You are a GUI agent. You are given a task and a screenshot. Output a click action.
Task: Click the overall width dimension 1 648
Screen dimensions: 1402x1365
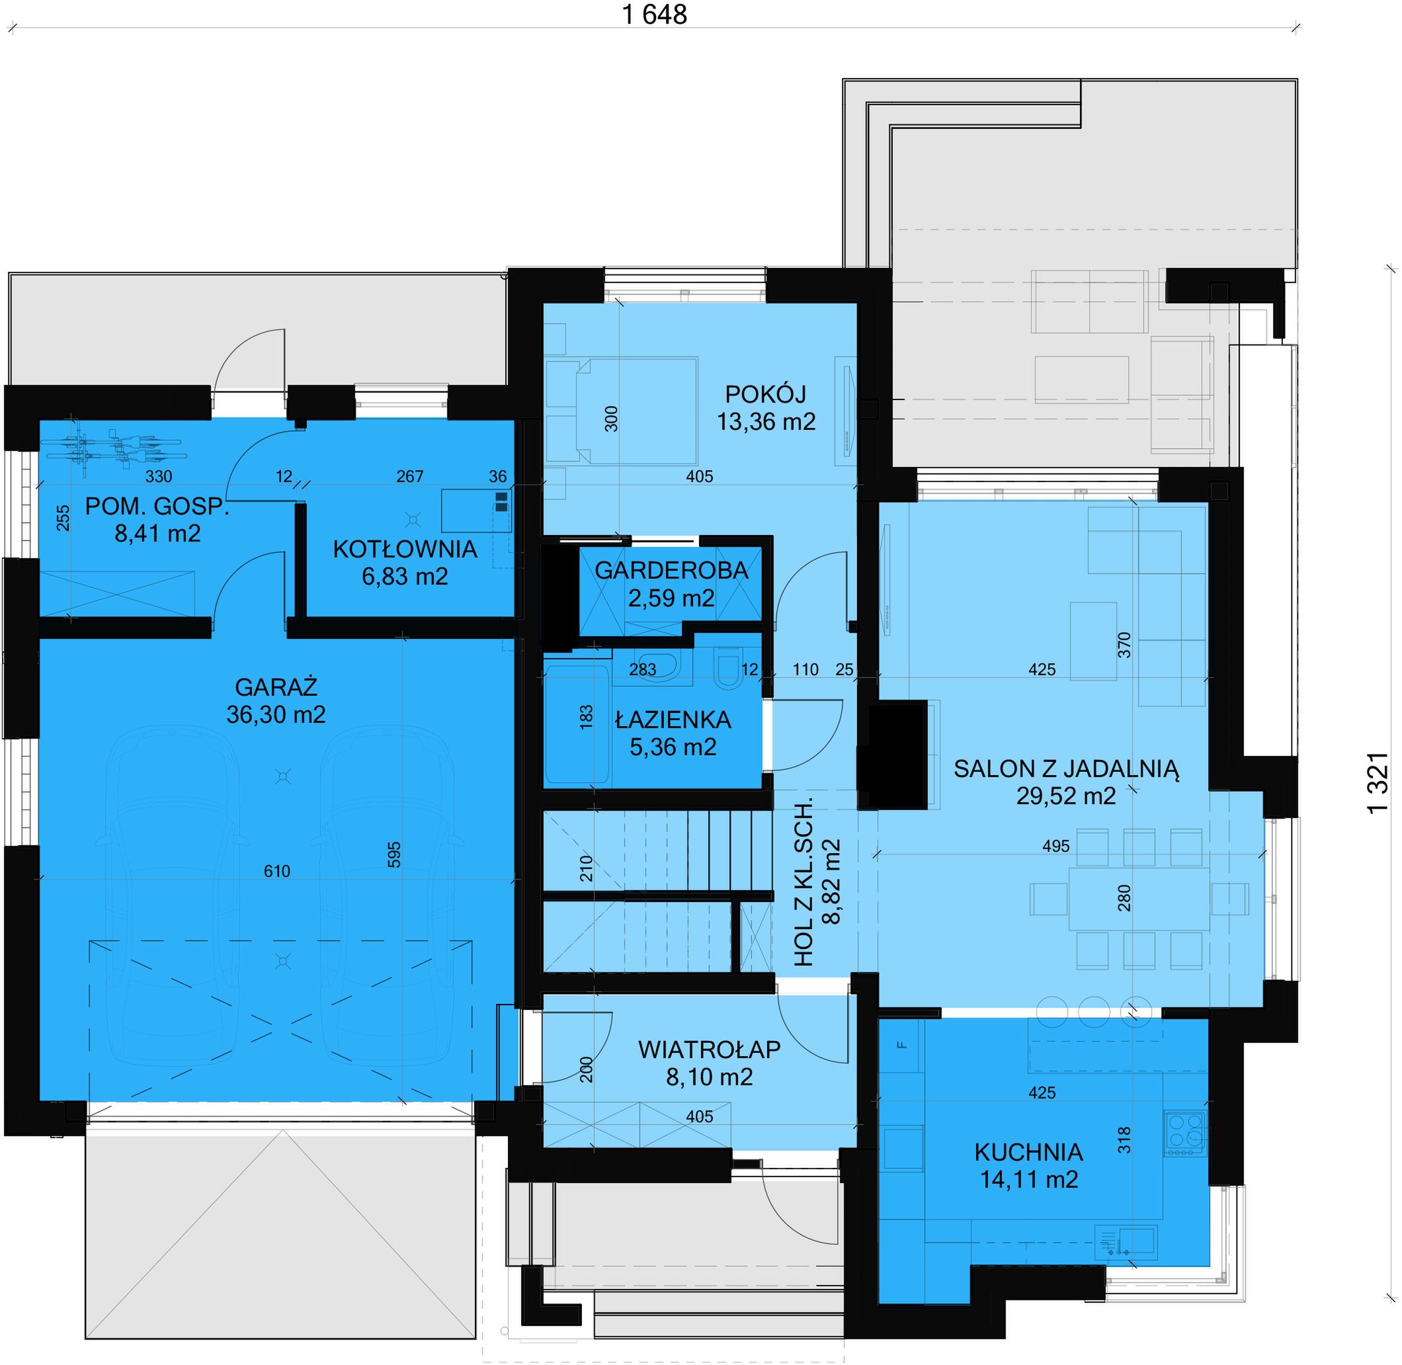(x=655, y=15)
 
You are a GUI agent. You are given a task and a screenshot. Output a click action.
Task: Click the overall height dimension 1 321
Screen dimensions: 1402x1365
(x=1378, y=784)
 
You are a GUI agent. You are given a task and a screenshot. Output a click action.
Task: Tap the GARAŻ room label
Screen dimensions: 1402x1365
(x=276, y=688)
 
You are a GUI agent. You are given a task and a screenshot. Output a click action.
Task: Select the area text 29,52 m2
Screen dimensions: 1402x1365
(x=1066, y=796)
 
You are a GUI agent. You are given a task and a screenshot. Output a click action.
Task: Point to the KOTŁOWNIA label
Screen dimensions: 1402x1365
(x=405, y=549)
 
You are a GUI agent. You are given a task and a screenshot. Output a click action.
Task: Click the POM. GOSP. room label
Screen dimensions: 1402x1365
(x=157, y=506)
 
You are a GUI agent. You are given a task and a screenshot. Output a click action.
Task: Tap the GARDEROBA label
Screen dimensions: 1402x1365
(x=672, y=571)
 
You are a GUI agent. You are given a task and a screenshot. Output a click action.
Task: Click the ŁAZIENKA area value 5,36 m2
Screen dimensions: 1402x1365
(x=673, y=747)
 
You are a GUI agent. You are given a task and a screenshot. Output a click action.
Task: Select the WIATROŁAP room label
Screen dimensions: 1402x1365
(x=709, y=1050)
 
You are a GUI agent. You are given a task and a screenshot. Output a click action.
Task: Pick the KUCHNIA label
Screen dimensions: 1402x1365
(x=1028, y=1152)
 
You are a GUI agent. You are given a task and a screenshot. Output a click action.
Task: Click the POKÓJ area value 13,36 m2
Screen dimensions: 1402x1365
(x=766, y=421)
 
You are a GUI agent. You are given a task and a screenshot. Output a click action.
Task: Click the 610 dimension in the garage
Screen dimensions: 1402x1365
(x=276, y=871)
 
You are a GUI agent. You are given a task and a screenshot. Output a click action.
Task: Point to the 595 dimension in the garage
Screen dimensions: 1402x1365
(x=393, y=854)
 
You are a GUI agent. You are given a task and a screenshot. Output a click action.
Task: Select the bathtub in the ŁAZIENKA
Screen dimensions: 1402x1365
(x=577, y=724)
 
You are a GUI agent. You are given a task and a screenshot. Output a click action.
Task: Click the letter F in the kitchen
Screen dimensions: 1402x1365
(x=903, y=1044)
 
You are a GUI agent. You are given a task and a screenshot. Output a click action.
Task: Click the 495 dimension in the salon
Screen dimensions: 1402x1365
(x=1056, y=846)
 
